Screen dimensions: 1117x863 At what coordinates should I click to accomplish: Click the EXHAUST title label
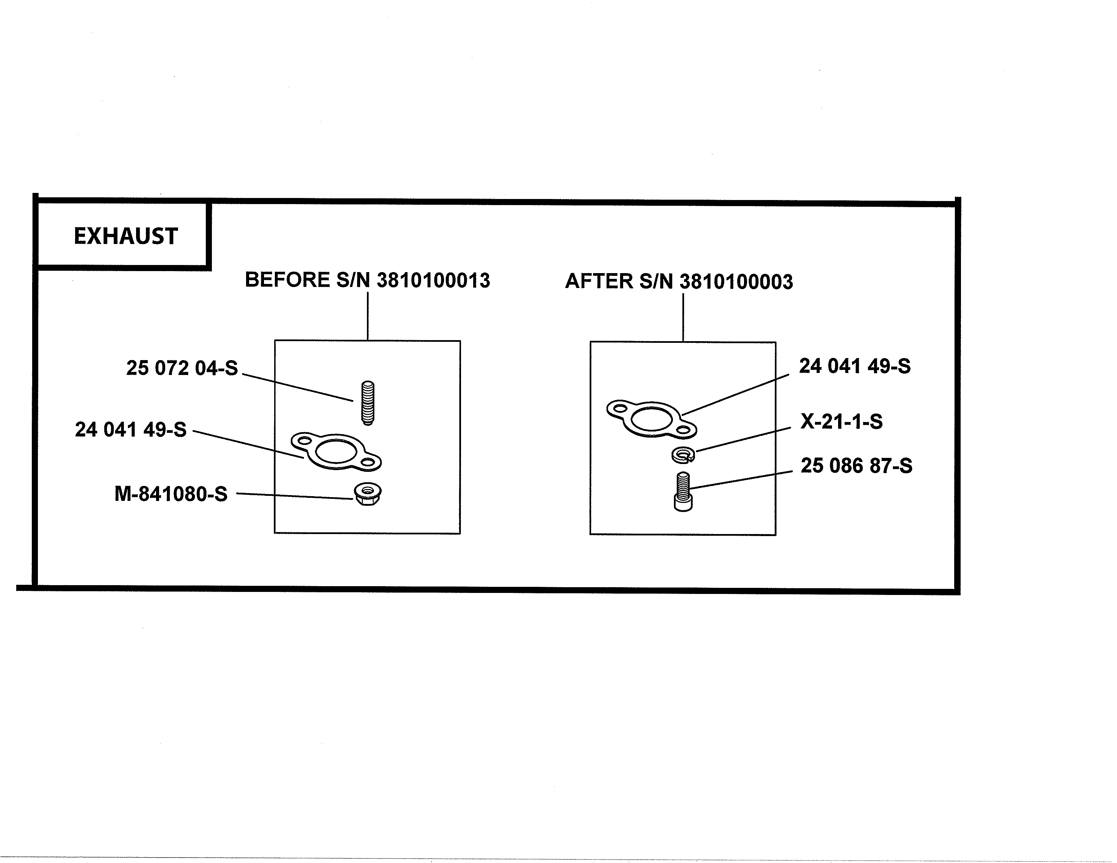[126, 236]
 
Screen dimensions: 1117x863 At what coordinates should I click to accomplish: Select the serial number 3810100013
[433, 280]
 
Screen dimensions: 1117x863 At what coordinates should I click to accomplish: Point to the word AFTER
[599, 281]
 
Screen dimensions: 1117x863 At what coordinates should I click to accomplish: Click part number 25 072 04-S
[182, 368]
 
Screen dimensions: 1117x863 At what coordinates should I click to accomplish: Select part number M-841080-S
[171, 494]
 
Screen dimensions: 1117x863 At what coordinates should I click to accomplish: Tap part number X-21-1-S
[841, 421]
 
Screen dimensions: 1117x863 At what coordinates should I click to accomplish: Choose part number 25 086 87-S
[856, 466]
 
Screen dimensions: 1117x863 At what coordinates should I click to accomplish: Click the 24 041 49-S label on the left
[131, 429]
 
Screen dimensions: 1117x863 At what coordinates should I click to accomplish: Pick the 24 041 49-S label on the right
[855, 366]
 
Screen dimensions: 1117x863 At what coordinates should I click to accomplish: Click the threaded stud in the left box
[368, 403]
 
